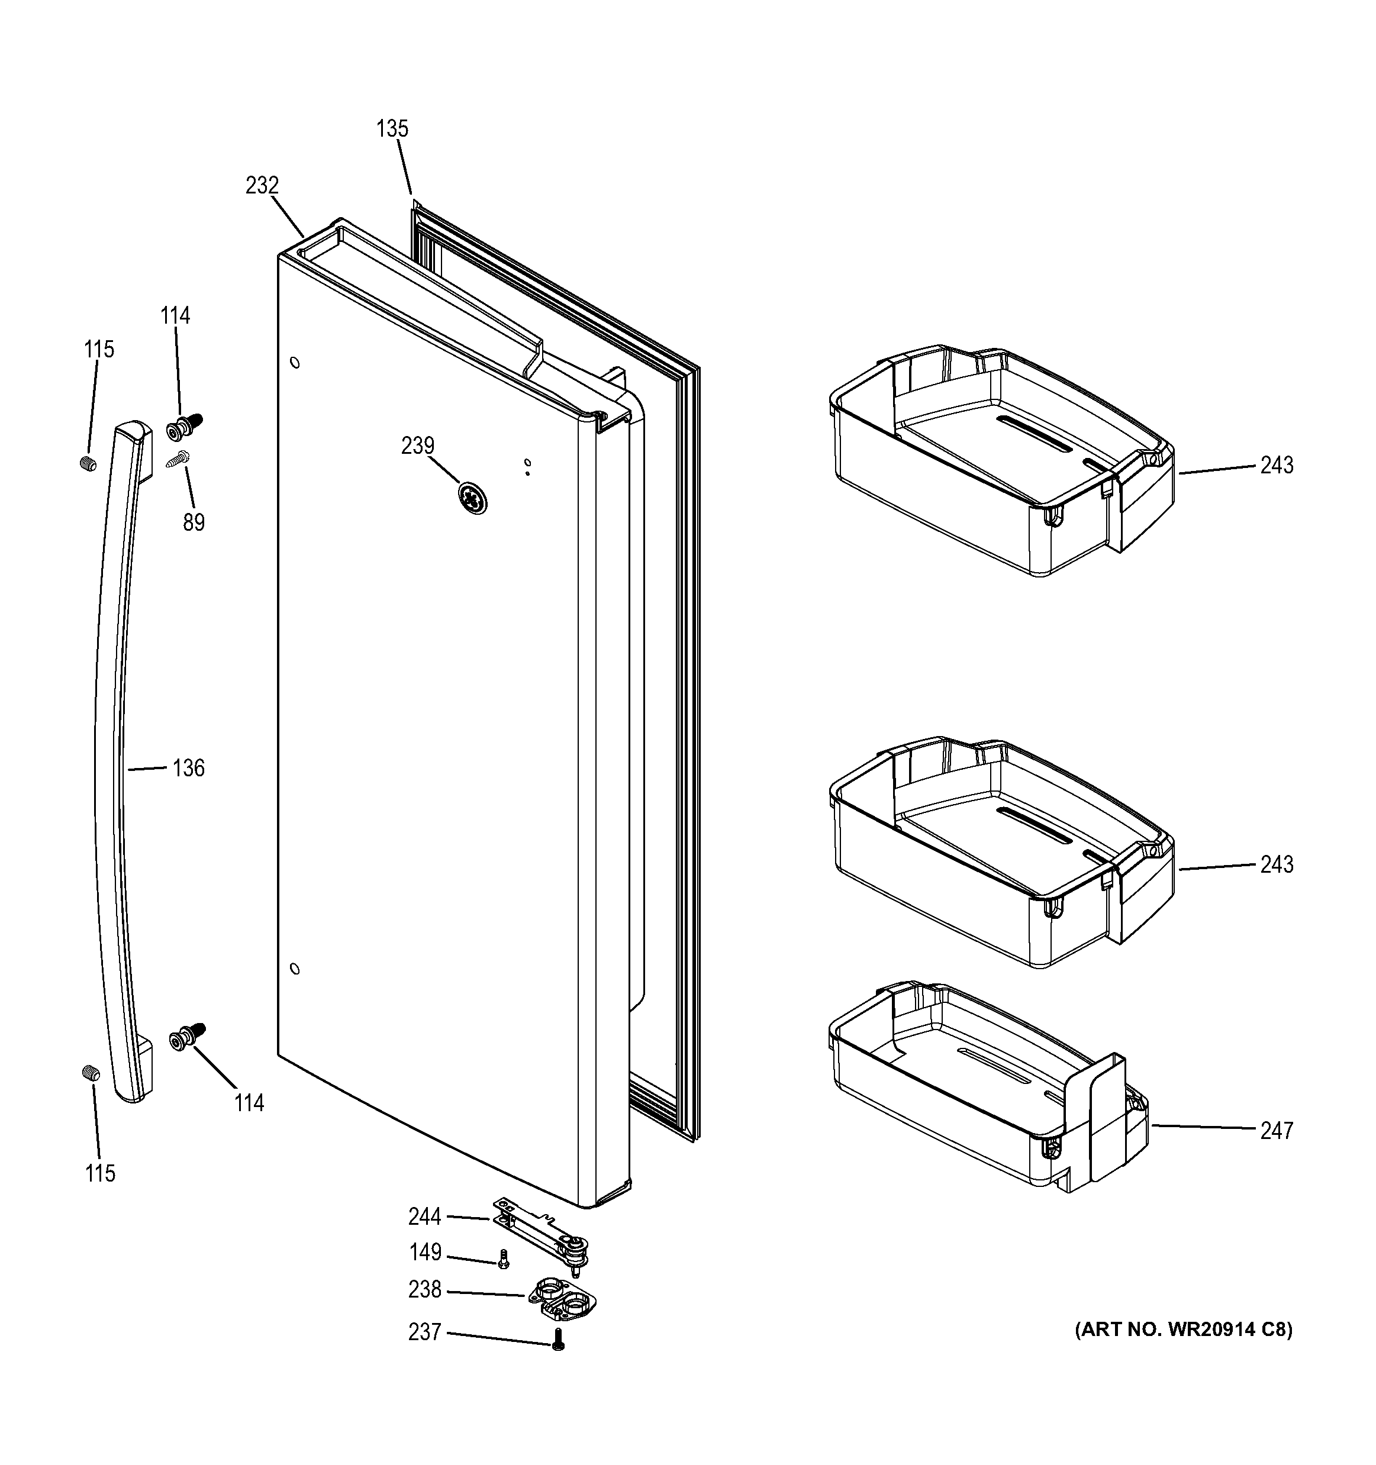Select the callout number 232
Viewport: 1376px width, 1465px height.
pyautogui.click(x=262, y=185)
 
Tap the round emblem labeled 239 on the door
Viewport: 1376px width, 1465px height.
pyautogui.click(x=472, y=499)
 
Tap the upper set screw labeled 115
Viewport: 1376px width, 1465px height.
pyautogui.click(x=88, y=463)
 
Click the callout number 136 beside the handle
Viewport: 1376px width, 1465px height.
pyautogui.click(x=188, y=768)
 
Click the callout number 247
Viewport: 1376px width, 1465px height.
pyautogui.click(x=1276, y=1131)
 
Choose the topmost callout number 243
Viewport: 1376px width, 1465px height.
pyautogui.click(x=1276, y=465)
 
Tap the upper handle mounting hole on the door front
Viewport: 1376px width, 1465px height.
pyautogui.click(x=295, y=363)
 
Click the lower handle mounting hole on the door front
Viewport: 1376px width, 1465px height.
pyautogui.click(x=295, y=969)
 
